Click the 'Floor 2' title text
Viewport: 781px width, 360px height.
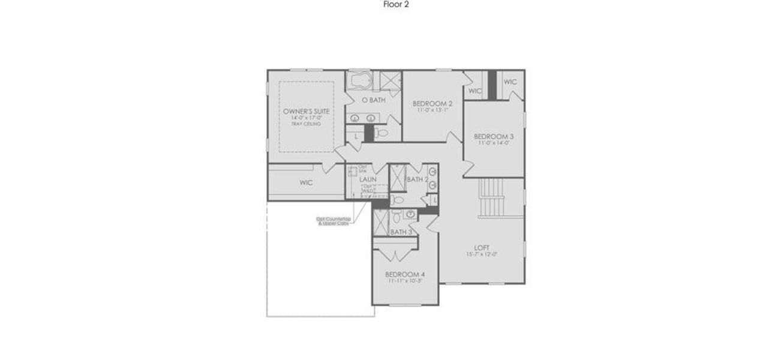coord(396,4)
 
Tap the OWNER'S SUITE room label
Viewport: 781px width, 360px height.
coord(306,112)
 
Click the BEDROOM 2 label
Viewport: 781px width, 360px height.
coord(432,104)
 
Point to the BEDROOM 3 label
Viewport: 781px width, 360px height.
coord(494,136)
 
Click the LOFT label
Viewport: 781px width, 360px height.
coord(482,248)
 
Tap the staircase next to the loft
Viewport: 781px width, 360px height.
coord(492,199)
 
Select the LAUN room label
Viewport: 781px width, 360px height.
coord(368,179)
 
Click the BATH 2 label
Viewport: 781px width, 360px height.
coord(417,179)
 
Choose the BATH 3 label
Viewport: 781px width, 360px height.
coord(401,232)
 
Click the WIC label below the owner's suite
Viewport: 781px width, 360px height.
coord(306,182)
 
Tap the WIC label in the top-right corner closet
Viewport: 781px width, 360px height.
coord(510,82)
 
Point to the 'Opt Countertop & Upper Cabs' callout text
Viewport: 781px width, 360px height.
coord(333,221)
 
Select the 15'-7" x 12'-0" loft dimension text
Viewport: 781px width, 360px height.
coord(482,254)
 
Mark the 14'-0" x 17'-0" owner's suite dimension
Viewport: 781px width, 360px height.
coord(306,118)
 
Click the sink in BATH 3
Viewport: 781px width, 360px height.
coord(411,214)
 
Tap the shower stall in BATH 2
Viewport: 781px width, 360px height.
coord(396,178)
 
